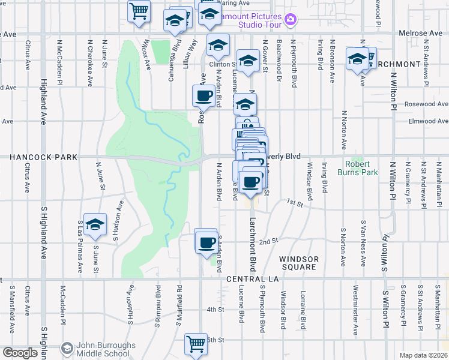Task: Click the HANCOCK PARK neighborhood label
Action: click(43, 157)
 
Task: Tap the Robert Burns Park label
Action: click(361, 168)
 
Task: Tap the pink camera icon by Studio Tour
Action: click(291, 20)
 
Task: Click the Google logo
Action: click(20, 353)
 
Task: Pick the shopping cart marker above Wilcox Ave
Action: click(139, 11)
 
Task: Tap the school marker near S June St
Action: click(95, 224)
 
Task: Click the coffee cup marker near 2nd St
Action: click(207, 242)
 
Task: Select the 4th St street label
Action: click(215, 310)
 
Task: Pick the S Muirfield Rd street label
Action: click(179, 306)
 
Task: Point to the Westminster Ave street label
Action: click(355, 313)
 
